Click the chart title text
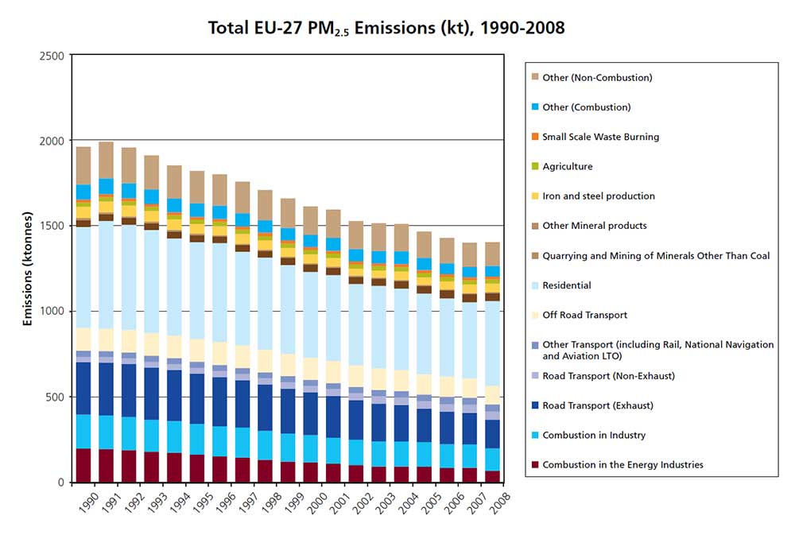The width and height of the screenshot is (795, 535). [x=386, y=28]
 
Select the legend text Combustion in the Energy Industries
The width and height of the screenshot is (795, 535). [x=622, y=465]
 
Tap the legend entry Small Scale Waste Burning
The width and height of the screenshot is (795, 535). [x=600, y=137]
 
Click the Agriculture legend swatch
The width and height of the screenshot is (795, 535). [x=534, y=167]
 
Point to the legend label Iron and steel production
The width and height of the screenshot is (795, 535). [x=599, y=196]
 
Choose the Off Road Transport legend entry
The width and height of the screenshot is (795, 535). [x=584, y=316]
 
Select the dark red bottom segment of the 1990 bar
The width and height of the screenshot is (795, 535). [x=83, y=465]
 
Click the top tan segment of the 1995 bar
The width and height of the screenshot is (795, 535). [x=197, y=187]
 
